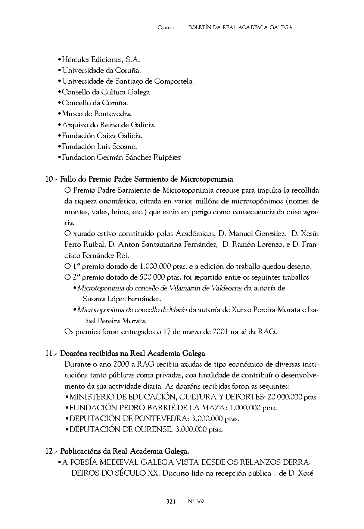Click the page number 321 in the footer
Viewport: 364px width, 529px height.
171,501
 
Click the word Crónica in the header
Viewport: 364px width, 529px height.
167,28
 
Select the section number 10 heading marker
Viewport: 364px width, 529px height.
50,179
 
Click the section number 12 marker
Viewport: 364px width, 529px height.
50,451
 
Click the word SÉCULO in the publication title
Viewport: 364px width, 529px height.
131,473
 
